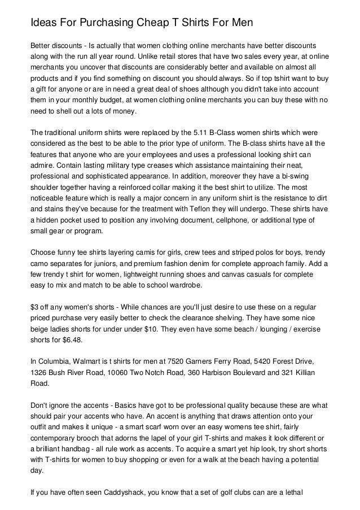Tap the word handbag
pos(68,450)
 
